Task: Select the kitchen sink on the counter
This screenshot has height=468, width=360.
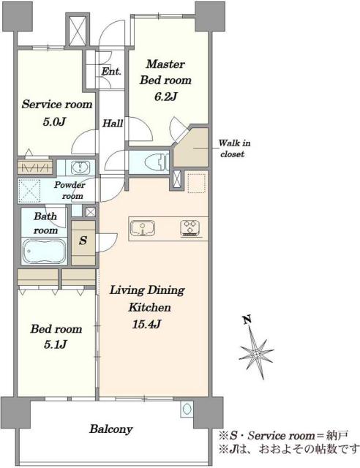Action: point(143,229)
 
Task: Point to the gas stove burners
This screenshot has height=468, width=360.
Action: point(190,228)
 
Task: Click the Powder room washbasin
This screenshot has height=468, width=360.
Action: point(80,167)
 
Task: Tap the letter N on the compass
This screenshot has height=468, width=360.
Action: point(247,320)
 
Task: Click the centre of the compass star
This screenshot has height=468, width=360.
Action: point(256,354)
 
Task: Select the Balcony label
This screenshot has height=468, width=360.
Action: point(110,429)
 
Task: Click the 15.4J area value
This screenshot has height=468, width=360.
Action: point(147,324)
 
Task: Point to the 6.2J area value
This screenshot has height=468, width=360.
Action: point(166,97)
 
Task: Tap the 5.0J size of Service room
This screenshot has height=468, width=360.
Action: point(54,122)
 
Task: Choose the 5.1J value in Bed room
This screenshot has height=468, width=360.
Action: point(56,344)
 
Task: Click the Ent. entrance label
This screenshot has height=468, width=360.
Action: point(111,72)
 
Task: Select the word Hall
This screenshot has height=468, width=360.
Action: point(113,124)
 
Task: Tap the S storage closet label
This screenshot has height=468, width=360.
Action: point(83,241)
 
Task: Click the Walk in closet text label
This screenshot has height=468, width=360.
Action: point(235,148)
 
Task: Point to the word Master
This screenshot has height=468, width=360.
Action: point(165,64)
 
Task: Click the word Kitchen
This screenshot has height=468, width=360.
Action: point(149,307)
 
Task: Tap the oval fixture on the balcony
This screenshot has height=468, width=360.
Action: point(187,409)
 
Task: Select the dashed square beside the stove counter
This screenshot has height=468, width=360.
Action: point(196,184)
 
